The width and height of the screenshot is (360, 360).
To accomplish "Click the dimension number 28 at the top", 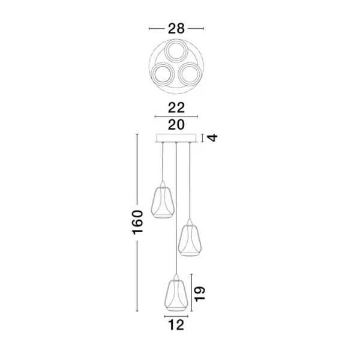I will tap(176, 28).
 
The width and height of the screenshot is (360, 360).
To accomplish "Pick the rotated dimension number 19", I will tap(200, 292).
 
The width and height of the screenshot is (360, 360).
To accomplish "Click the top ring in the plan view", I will tap(176, 50).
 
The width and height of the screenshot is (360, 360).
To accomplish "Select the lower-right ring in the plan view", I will tap(190, 74).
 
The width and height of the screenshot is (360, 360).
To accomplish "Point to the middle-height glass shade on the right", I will tap(190, 239).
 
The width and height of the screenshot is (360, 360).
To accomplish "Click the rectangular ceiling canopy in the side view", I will tap(176, 137).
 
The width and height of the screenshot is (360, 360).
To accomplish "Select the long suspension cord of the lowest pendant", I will tap(176, 210).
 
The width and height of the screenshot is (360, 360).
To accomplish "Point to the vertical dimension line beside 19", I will tap(191, 293).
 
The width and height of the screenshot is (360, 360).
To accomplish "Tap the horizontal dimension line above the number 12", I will tap(176, 316).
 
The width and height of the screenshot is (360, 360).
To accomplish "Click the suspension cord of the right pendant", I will tap(190, 180).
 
